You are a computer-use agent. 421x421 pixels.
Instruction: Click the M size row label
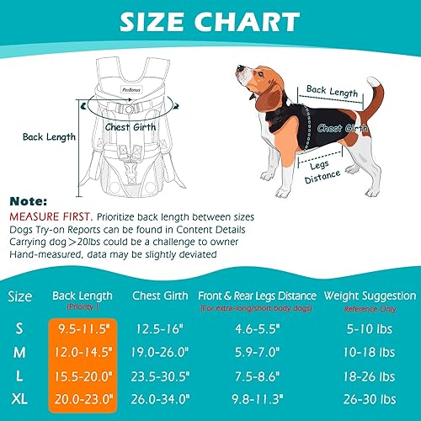click(x=21, y=350)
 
